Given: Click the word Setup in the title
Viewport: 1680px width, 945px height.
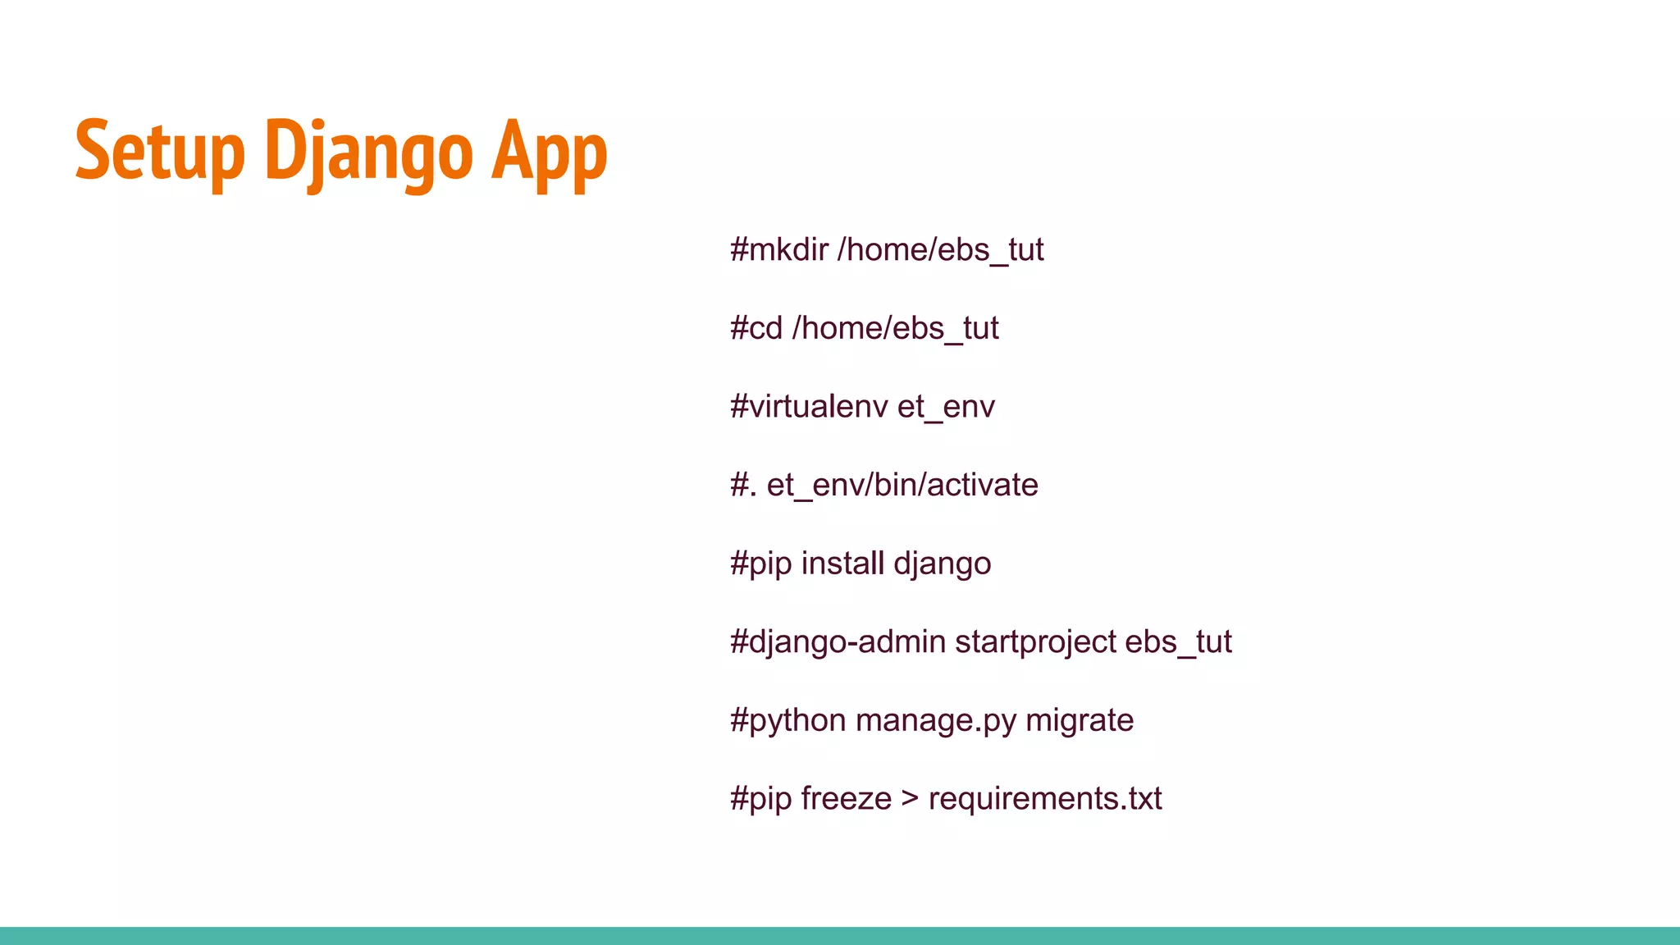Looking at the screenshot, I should tap(160, 152).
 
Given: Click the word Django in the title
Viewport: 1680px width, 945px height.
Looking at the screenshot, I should tap(368, 152).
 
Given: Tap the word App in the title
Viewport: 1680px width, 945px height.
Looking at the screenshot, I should tap(549, 152).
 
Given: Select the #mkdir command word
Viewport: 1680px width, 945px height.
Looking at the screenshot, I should tap(779, 249).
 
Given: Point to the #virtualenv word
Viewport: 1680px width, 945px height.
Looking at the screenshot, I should tap(809, 407).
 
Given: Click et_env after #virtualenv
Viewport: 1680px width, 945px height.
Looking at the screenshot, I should tap(946, 407).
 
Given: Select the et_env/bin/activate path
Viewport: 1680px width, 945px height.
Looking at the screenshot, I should tap(902, 485).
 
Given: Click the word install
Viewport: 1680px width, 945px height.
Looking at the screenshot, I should tap(842, 564).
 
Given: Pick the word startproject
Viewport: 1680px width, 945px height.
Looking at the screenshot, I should tap(1035, 641).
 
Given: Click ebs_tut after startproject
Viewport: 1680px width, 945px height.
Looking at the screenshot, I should tap(1178, 641).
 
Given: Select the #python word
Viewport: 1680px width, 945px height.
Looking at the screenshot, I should tap(787, 720).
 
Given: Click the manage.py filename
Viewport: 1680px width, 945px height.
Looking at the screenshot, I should tap(935, 720).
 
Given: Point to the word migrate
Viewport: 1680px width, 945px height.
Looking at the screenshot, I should tap(1080, 720).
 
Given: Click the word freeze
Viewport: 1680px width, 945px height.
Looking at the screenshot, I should tap(846, 798).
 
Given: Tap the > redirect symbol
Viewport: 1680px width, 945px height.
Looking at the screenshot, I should tap(910, 798).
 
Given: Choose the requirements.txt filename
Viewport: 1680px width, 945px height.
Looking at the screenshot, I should tap(1045, 798).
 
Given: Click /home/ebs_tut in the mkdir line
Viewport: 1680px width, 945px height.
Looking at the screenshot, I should tap(940, 249).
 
